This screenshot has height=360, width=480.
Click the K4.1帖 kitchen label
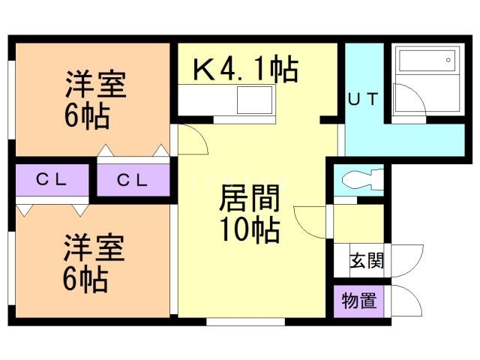[x=245, y=70]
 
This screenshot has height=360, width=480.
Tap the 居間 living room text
[x=250, y=200]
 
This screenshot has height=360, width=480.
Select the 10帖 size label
[x=250, y=228]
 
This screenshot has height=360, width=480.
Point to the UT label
[x=365, y=99]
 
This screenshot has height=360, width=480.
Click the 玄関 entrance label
[x=367, y=261]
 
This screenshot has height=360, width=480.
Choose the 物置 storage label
[x=359, y=301]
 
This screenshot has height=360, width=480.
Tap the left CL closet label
[x=52, y=180]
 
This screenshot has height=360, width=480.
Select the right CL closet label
[x=133, y=180]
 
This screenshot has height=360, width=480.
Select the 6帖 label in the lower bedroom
[x=85, y=280]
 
